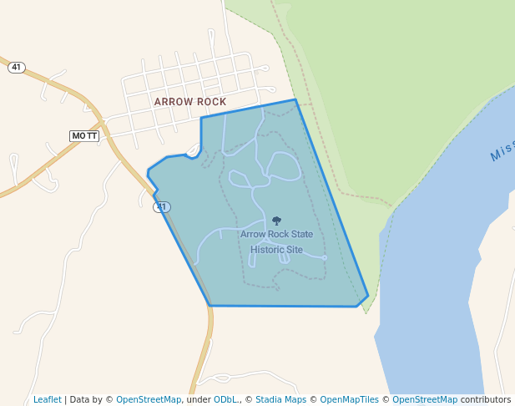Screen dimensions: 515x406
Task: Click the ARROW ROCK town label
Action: pos(190,102)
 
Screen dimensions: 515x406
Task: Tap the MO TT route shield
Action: pos(84,135)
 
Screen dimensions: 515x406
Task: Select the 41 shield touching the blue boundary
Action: pos(163,206)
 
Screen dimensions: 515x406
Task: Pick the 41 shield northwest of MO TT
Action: pos(17,68)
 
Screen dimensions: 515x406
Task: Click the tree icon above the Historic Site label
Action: pos(276,221)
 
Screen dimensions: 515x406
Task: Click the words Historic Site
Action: pos(276,249)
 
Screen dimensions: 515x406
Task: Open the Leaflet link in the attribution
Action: pos(48,399)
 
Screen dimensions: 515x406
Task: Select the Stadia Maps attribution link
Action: pos(280,399)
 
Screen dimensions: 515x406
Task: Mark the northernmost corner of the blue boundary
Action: pos(295,99)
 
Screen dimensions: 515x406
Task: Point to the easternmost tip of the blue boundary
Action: pos(368,296)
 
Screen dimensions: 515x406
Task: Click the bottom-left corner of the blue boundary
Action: pos(210,305)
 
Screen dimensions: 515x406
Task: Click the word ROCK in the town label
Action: pos(212,102)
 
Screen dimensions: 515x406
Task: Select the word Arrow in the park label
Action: pos(253,235)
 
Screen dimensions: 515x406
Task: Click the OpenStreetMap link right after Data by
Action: pos(149,399)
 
